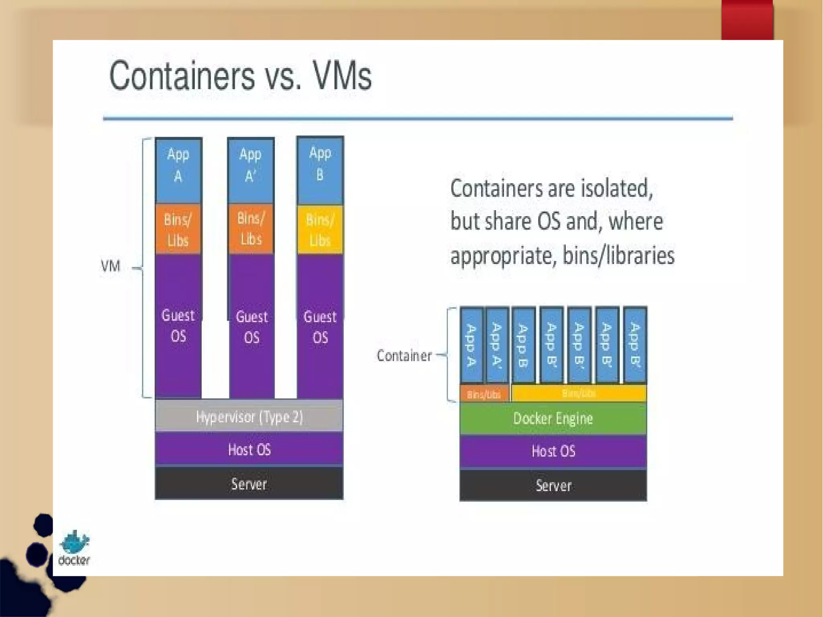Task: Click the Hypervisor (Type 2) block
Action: pyautogui.click(x=249, y=416)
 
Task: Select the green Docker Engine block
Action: pyautogui.click(x=553, y=418)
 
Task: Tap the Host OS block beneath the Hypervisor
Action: pyautogui.click(x=249, y=449)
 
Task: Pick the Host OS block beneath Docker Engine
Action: pyautogui.click(x=553, y=451)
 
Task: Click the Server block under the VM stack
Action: pyautogui.click(x=249, y=484)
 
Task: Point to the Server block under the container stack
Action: pyautogui.click(x=553, y=485)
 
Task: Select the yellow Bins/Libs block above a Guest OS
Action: pyautogui.click(x=320, y=230)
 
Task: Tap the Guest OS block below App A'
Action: pyautogui.click(x=252, y=326)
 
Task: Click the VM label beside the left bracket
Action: pyautogui.click(x=111, y=266)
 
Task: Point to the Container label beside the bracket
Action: pyautogui.click(x=404, y=356)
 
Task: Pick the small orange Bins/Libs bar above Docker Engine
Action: pyautogui.click(x=484, y=394)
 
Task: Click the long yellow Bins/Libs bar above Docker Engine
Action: pyautogui.click(x=579, y=393)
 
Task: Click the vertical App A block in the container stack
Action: pyautogui.click(x=471, y=344)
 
